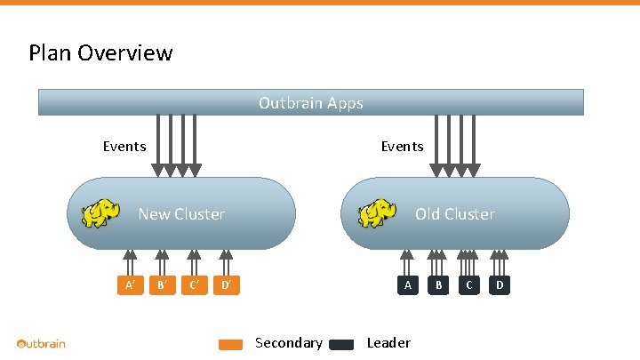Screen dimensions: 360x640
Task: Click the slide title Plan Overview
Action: (x=100, y=53)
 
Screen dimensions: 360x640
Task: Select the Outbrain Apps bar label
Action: (x=310, y=103)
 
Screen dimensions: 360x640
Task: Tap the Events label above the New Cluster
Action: (x=124, y=146)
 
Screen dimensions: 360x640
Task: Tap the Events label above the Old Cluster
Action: (x=402, y=146)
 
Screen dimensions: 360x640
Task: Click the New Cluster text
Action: (x=181, y=214)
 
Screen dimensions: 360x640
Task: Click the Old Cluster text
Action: (x=454, y=214)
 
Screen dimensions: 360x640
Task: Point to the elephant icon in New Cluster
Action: (x=100, y=214)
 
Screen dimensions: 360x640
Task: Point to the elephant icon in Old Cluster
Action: (x=377, y=213)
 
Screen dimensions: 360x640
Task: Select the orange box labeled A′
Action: (x=131, y=285)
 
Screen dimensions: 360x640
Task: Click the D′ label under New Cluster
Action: (x=228, y=285)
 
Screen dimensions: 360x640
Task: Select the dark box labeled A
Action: (x=407, y=285)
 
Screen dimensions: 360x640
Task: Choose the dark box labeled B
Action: (x=437, y=285)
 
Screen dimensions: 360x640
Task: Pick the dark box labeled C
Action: (x=468, y=285)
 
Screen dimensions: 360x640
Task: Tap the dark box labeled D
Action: (x=500, y=285)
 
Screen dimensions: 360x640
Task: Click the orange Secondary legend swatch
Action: (x=230, y=345)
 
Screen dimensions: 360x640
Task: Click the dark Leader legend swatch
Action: (x=341, y=345)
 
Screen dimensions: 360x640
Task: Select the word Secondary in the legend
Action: (x=288, y=343)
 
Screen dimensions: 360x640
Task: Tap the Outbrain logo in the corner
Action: (x=41, y=343)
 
